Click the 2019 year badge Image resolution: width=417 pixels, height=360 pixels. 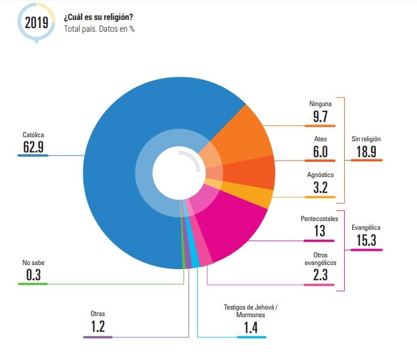click(36, 22)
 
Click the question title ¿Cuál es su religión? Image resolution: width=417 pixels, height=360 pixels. click(98, 16)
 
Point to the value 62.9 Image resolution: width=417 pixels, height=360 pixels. click(33, 147)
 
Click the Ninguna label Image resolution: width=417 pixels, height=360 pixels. click(320, 104)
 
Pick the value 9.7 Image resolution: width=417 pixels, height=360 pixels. click(320, 117)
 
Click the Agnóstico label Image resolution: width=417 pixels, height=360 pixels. click(320, 175)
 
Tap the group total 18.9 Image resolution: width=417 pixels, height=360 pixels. click(366, 151)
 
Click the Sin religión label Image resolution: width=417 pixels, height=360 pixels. click(366, 139)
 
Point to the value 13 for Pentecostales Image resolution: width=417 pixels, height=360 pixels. click(320, 231)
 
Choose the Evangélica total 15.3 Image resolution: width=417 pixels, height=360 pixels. click(367, 240)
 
